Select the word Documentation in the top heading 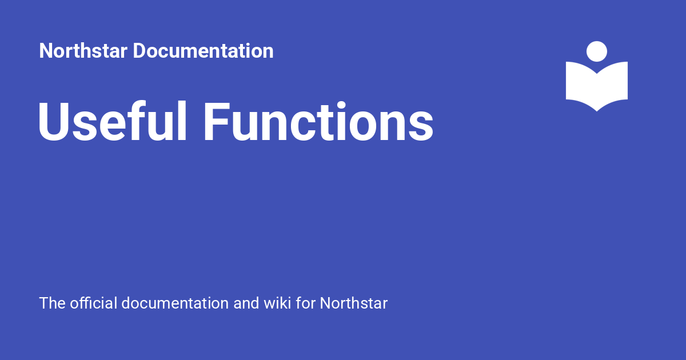pos(203,51)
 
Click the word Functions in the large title pos(318,122)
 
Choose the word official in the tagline pos(94,303)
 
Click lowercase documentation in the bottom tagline pos(176,303)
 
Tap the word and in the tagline pos(246,303)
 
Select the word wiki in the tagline pos(277,303)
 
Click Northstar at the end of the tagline pos(353,303)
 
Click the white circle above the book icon pos(597,51)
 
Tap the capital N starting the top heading pos(46,51)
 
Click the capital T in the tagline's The pos(44,303)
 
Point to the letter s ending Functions pos(422,127)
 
